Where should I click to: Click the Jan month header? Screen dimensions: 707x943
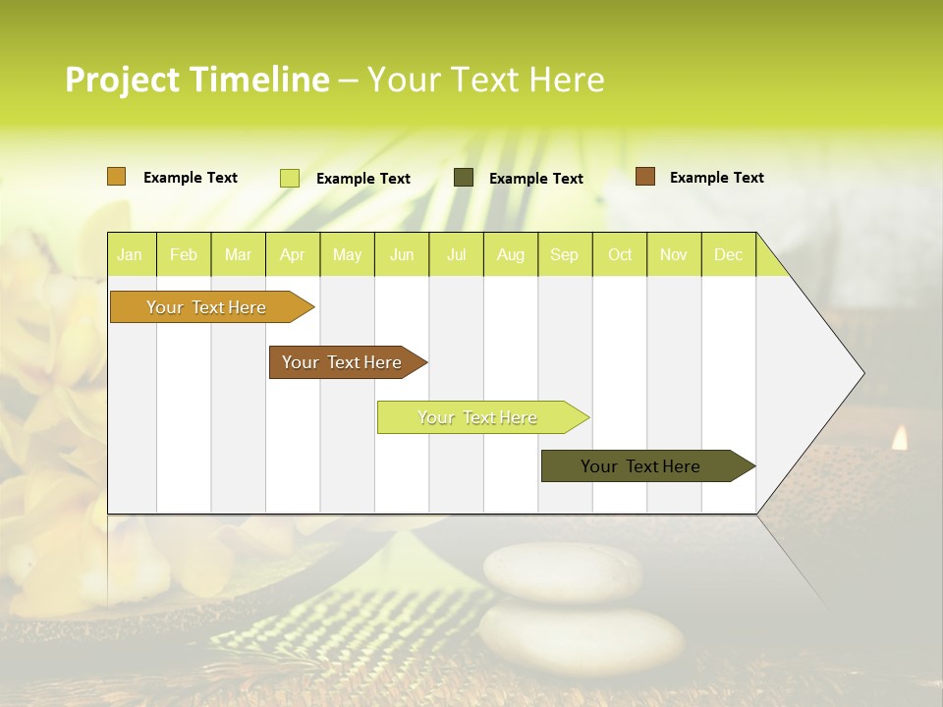(130, 255)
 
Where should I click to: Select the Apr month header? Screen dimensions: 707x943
(292, 255)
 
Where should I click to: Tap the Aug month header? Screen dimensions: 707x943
(510, 255)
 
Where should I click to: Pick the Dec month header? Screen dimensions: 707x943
(728, 255)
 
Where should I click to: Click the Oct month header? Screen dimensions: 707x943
(620, 255)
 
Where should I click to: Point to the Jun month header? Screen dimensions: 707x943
(402, 255)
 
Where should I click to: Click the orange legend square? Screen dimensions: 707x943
(117, 177)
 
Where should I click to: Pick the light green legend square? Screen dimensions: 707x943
(290, 178)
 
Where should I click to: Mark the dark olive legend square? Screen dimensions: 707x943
(464, 178)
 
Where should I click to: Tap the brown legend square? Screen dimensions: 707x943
(645, 177)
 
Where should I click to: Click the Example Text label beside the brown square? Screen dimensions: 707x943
(716, 178)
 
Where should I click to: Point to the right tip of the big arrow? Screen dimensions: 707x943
(861, 373)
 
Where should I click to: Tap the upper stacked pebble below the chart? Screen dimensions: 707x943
(562, 570)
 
